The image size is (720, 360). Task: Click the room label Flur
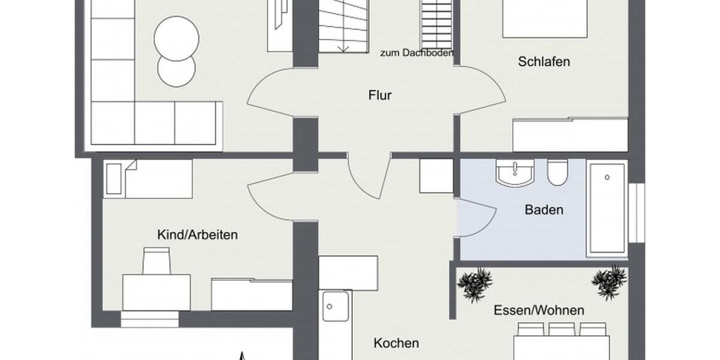click(380, 95)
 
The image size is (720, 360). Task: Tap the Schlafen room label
click(544, 62)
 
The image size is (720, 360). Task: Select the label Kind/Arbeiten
click(197, 235)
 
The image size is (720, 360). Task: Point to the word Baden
click(544, 210)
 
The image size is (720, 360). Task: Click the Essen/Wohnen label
click(539, 310)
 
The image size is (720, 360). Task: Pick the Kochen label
click(396, 343)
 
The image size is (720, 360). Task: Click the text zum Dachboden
click(416, 53)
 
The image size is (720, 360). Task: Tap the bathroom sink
click(515, 173)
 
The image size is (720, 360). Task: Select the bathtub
click(607, 206)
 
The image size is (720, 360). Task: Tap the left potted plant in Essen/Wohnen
click(475, 283)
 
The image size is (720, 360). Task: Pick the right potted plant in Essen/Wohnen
click(609, 281)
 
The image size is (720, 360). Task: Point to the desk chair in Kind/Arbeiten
click(157, 261)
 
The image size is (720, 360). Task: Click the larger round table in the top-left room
click(176, 37)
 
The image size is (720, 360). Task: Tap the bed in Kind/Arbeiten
click(148, 178)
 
